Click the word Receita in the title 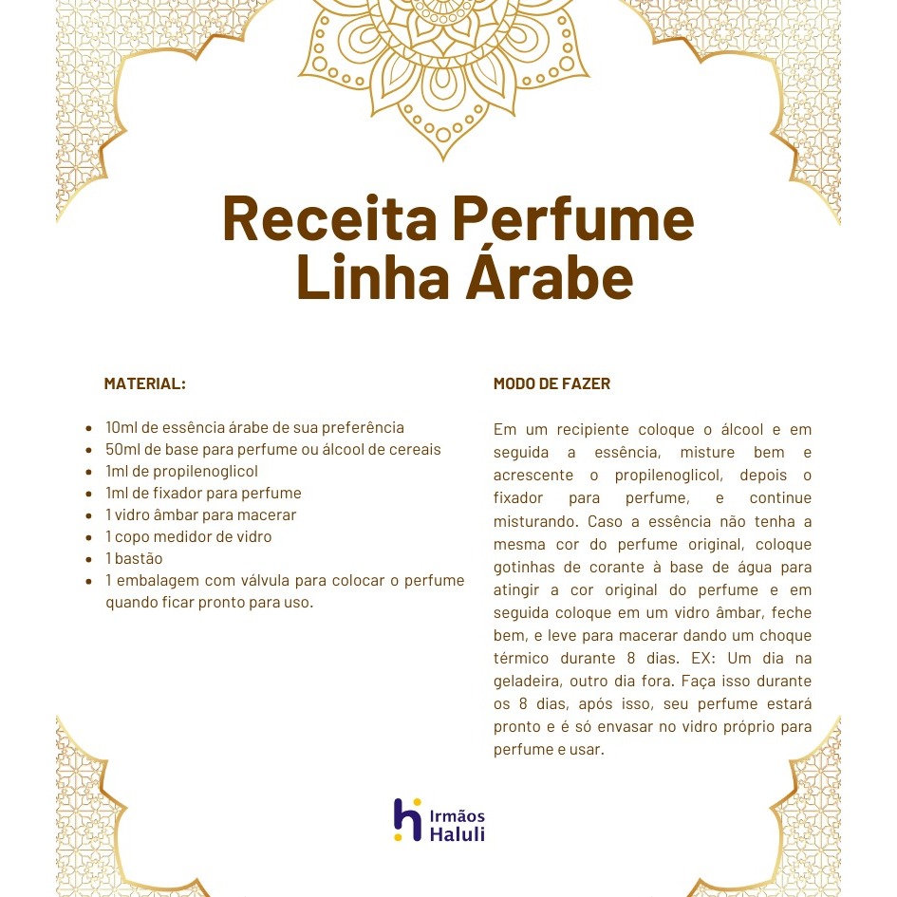tap(329, 218)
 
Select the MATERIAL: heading tap(144, 384)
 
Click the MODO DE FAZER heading tap(551, 384)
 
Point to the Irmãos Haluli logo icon tap(407, 819)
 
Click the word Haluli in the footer tap(458, 835)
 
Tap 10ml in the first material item tap(121, 428)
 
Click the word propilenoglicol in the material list tap(206, 472)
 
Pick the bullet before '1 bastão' tap(89, 559)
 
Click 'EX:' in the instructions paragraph tap(708, 659)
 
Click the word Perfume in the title tap(572, 218)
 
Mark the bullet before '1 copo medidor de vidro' tap(89, 537)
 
